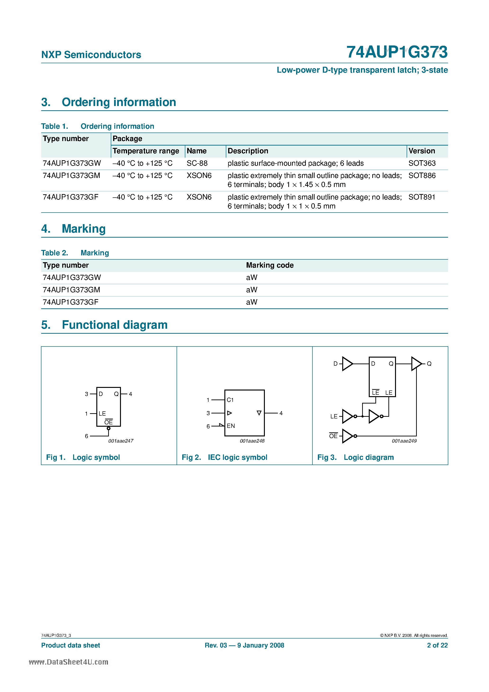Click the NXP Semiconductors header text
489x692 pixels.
coord(91,55)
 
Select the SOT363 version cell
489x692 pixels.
coord(422,163)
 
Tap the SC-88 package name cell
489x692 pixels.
coord(197,163)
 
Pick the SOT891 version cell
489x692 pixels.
coord(422,197)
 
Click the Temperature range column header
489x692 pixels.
coord(146,151)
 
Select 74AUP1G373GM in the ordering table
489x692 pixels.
coord(71,175)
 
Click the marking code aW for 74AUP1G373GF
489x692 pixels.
coord(251,302)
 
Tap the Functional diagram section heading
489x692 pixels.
coord(115,325)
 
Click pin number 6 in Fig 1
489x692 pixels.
coord(87,436)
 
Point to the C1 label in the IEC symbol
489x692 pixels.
coord(230,400)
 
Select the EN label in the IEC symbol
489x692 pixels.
coord(231,426)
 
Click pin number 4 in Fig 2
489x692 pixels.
coord(281,413)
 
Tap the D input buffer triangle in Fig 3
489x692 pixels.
coord(347,364)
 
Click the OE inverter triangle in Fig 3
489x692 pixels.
coord(347,436)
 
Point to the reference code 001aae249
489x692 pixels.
coord(404,441)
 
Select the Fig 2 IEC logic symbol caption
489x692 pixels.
coord(224,457)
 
